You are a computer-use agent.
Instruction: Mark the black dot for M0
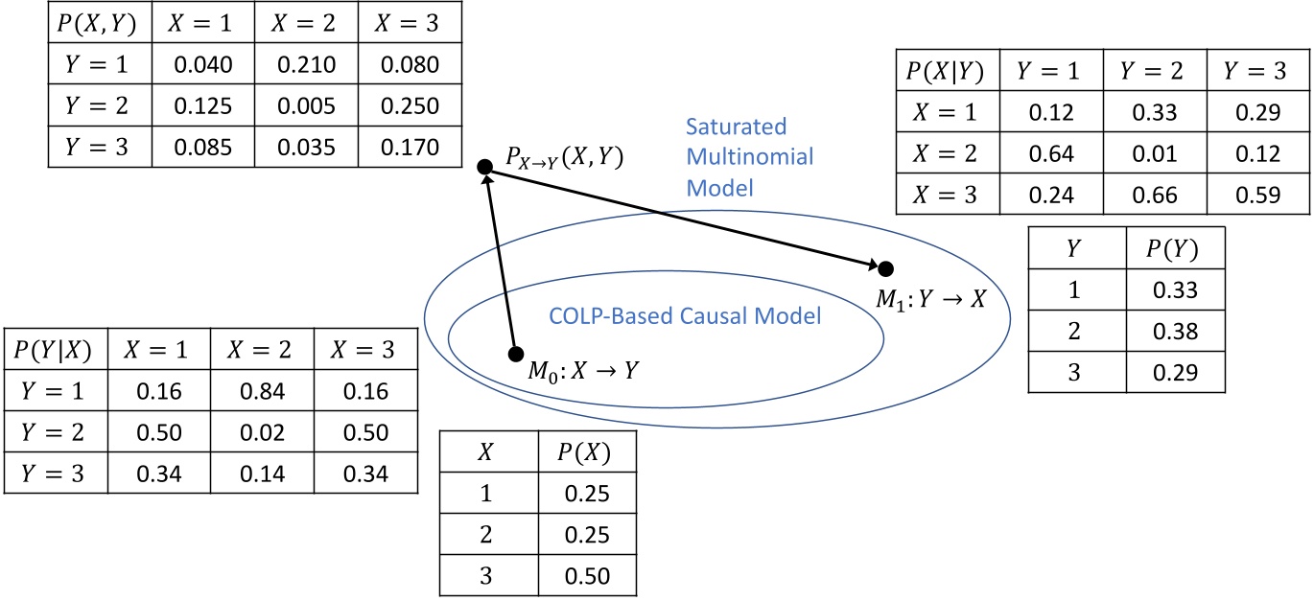tap(516, 354)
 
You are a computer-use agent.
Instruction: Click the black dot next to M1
tap(886, 267)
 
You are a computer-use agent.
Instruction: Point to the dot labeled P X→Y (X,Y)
tap(485, 167)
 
